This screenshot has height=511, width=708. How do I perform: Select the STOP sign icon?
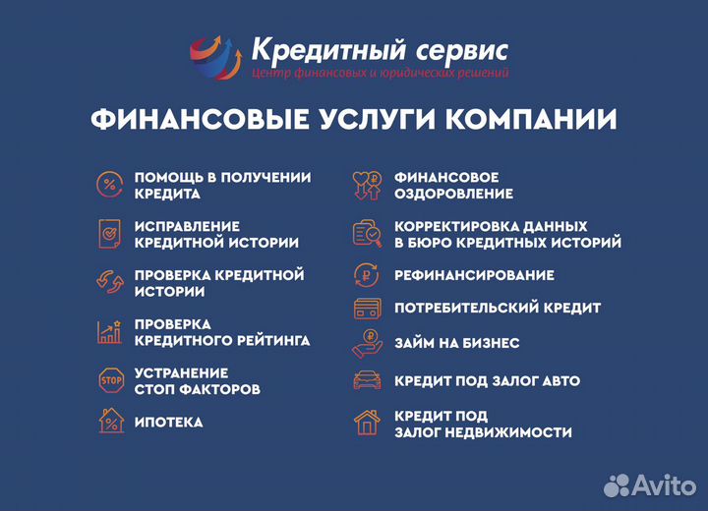(x=109, y=380)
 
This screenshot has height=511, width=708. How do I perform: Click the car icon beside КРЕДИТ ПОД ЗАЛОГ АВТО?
(x=367, y=380)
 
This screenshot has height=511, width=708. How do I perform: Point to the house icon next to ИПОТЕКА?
(x=109, y=422)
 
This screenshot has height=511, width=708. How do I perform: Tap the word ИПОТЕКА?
(x=168, y=423)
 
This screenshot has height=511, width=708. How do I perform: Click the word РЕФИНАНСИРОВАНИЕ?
(x=474, y=275)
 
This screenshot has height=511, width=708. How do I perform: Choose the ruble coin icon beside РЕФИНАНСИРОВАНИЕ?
(x=367, y=275)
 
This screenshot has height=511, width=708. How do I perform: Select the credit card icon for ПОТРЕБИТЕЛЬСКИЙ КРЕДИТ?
(x=367, y=309)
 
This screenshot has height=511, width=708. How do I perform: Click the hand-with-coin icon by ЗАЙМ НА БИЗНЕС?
(x=367, y=344)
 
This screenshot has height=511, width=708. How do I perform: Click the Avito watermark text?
(x=663, y=483)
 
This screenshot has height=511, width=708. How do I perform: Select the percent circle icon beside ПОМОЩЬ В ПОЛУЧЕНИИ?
(x=109, y=184)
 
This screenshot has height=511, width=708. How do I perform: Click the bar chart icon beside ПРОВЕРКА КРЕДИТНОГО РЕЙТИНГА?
(x=109, y=331)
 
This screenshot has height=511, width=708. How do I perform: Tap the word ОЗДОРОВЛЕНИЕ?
(x=453, y=194)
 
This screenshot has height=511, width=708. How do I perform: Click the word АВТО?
(x=557, y=381)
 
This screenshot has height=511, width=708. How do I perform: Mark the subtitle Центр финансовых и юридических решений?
(x=381, y=73)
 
